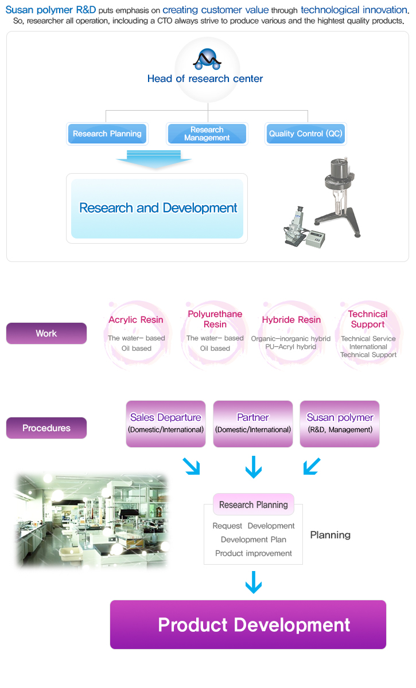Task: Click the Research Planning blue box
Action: pyautogui.click(x=107, y=134)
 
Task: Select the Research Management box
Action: pyautogui.click(x=207, y=134)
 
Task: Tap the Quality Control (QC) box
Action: pyautogui.click(x=305, y=134)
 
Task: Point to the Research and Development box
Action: pyautogui.click(x=157, y=208)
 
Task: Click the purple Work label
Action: pyautogui.click(x=46, y=333)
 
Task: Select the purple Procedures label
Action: pyautogui.click(x=46, y=428)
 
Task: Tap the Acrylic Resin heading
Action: pyautogui.click(x=136, y=320)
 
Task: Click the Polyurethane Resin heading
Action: pyautogui.click(x=215, y=319)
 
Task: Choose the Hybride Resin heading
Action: pyautogui.click(x=291, y=320)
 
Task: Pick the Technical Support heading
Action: pyautogui.click(x=368, y=319)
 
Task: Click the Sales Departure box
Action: pyautogui.click(x=166, y=423)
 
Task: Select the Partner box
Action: pyautogui.click(x=253, y=423)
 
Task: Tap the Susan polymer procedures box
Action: pyautogui.click(x=340, y=423)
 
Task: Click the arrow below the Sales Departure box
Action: pyautogui.click(x=192, y=467)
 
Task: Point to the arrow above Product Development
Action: pyautogui.click(x=253, y=582)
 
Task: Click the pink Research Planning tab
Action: pyautogui.click(x=254, y=505)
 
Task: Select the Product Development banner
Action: pyautogui.click(x=248, y=624)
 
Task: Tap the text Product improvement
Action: pyautogui.click(x=254, y=553)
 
